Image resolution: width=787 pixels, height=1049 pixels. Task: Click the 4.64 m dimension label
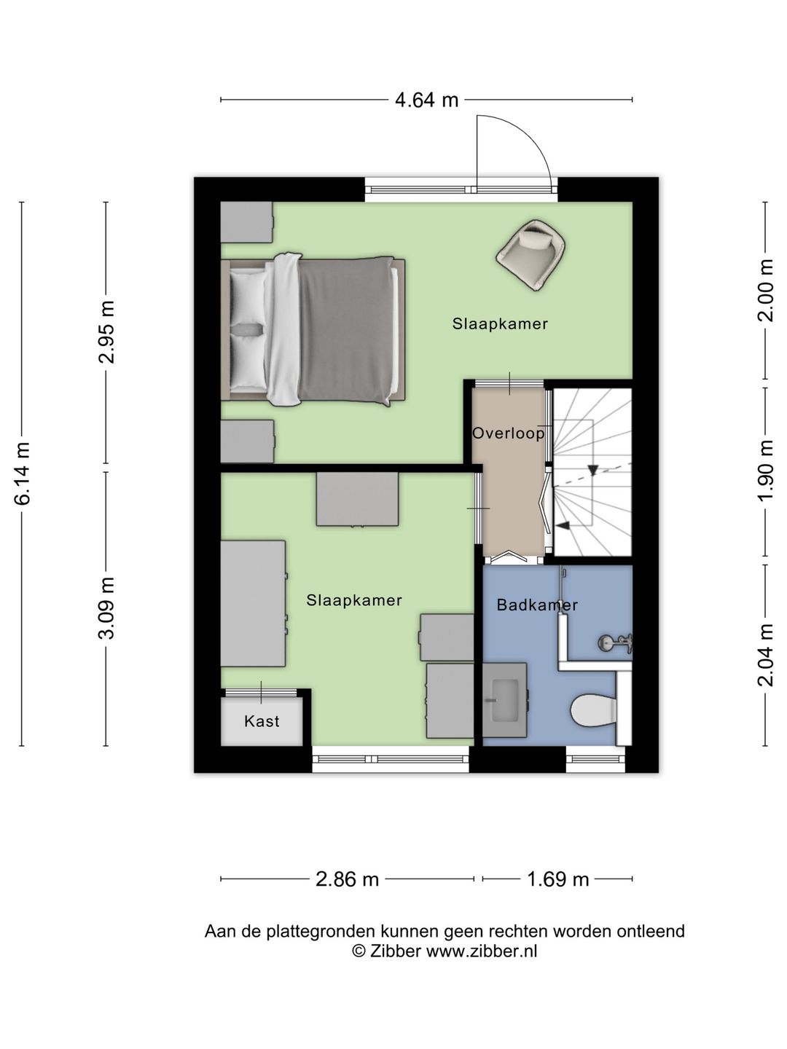point(426,100)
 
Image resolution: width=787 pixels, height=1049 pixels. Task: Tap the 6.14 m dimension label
point(23,473)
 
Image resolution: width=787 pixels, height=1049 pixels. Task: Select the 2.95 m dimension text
point(107,332)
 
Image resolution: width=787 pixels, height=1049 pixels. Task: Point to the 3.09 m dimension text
point(107,608)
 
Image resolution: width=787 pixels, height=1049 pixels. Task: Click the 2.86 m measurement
point(347,879)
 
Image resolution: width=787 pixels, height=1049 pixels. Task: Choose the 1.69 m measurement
point(557,879)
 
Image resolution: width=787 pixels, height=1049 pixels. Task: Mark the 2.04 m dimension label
point(765,655)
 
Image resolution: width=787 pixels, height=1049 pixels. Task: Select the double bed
point(313,330)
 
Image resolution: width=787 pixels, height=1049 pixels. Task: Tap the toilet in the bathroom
point(593,710)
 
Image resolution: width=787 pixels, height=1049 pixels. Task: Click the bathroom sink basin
point(504,700)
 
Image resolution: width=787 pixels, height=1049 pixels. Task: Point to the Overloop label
point(509,433)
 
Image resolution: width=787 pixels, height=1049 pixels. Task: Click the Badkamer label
point(537,605)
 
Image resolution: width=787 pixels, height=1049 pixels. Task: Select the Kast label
point(262,721)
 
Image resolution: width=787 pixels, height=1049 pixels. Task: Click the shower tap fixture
point(616,643)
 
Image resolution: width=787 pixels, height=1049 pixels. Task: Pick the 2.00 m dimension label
point(765,290)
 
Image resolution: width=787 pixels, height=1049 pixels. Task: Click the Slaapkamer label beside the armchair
point(500,323)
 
